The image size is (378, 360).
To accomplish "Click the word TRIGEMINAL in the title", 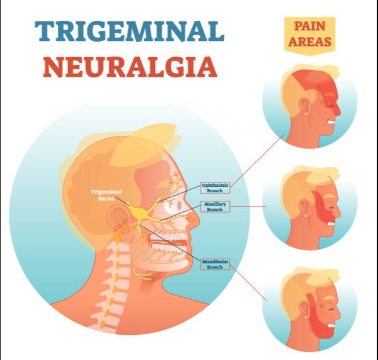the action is pos(130,31).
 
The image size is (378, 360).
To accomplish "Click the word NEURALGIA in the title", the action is pos(130,67).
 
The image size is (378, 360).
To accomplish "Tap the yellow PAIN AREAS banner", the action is pos(310,36).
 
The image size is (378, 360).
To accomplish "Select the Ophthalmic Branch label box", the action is pos(215,188).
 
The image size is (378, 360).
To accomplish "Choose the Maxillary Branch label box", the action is pos(215,206).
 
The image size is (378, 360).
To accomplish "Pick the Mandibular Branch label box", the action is pos(215,264).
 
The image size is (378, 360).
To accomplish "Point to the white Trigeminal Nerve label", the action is pos(106,195).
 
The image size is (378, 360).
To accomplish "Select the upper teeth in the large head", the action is pos(169,237).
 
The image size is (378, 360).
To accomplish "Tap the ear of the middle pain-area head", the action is pos(304,208).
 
